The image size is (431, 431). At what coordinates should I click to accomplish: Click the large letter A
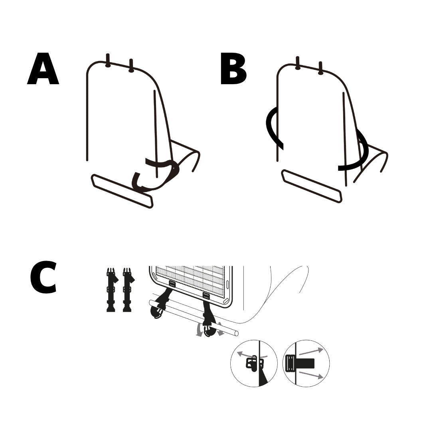click(x=43, y=69)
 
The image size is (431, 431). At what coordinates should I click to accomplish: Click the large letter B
click(x=233, y=69)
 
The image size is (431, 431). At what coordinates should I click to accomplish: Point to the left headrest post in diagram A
click(x=108, y=61)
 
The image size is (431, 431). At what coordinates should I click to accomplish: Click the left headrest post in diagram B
click(x=297, y=63)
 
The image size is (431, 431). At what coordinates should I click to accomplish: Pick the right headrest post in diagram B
click(x=320, y=68)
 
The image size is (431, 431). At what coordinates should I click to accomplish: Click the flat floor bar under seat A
click(x=122, y=191)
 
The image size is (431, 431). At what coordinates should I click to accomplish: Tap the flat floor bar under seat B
click(x=312, y=186)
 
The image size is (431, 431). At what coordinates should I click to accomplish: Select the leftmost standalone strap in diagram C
click(x=111, y=290)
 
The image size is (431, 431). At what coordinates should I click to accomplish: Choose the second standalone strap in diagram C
click(x=128, y=290)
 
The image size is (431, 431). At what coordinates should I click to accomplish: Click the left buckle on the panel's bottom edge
click(x=172, y=283)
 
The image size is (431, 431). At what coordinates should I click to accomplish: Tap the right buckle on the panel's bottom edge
click(x=206, y=295)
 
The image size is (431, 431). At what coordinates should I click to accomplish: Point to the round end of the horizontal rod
click(x=236, y=333)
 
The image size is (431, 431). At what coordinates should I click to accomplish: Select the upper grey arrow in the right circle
click(x=311, y=351)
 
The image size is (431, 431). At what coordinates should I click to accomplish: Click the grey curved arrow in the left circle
click(x=252, y=355)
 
